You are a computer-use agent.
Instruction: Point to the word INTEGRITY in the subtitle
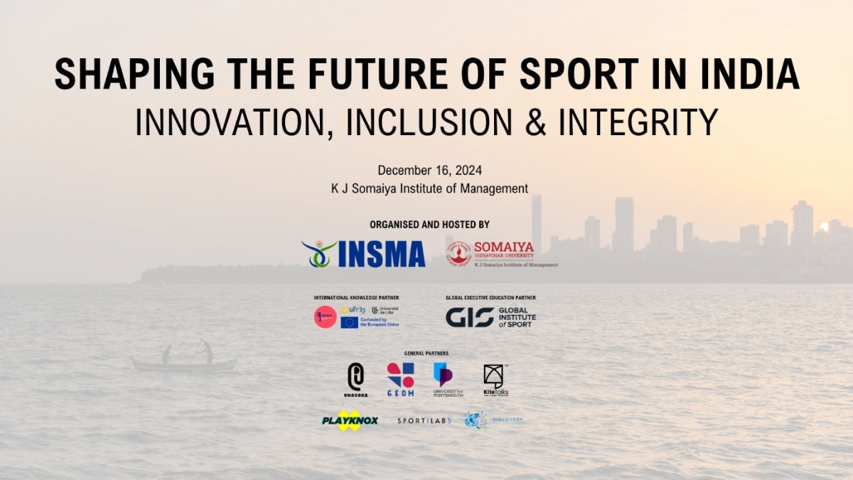click(638, 122)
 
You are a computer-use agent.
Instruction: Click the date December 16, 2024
click(429, 170)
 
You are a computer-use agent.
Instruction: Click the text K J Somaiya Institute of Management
click(429, 188)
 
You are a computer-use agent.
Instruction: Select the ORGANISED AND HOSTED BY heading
click(429, 225)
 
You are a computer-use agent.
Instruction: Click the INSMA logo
click(364, 253)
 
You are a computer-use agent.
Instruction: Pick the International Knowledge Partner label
click(356, 297)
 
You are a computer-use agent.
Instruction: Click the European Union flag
click(349, 322)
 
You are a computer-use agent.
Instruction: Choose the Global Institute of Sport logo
click(490, 317)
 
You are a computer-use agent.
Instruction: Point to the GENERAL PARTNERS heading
click(426, 353)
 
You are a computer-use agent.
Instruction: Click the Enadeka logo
click(355, 380)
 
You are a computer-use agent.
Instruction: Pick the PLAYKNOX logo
click(348, 420)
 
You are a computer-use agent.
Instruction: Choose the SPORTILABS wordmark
click(424, 421)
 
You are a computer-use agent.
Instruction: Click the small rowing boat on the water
click(183, 363)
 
